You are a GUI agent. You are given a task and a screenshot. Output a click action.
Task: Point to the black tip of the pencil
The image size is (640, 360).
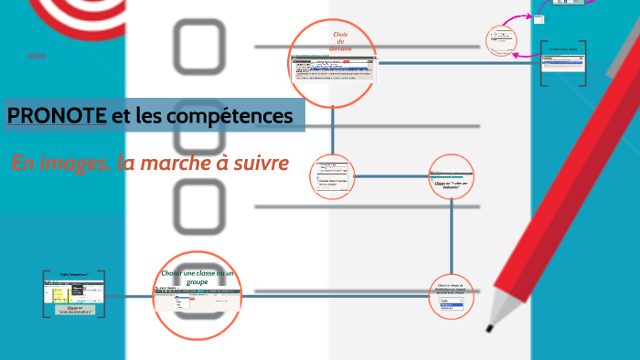point(491,327)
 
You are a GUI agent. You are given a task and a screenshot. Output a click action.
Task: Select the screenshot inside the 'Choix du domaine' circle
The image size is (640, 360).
point(334,68)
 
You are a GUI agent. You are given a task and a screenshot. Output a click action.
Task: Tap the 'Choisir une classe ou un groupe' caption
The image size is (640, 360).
point(197,278)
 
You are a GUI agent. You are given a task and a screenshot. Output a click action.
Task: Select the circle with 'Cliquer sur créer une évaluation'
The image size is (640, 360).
point(452,177)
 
